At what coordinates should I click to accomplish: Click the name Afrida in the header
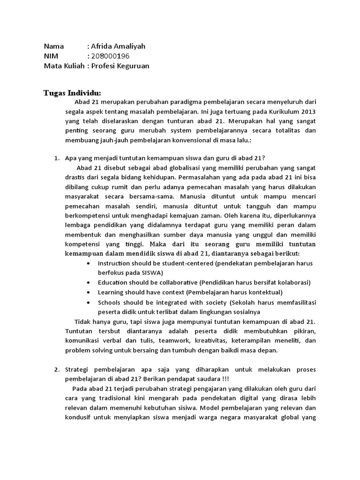pos(103,46)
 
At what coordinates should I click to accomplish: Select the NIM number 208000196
pos(110,56)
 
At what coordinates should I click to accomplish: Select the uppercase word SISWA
pos(150,273)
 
